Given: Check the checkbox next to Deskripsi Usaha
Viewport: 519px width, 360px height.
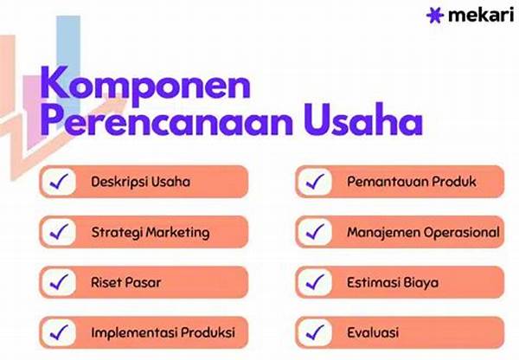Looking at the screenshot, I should point(60,182).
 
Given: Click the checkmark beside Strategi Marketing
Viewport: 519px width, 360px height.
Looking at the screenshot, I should point(60,232).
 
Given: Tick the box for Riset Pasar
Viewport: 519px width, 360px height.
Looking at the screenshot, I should point(60,282).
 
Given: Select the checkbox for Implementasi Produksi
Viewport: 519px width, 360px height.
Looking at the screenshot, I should point(60,332).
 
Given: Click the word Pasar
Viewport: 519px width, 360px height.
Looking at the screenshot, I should point(144,283).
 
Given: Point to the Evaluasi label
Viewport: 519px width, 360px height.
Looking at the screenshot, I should point(375,333).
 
